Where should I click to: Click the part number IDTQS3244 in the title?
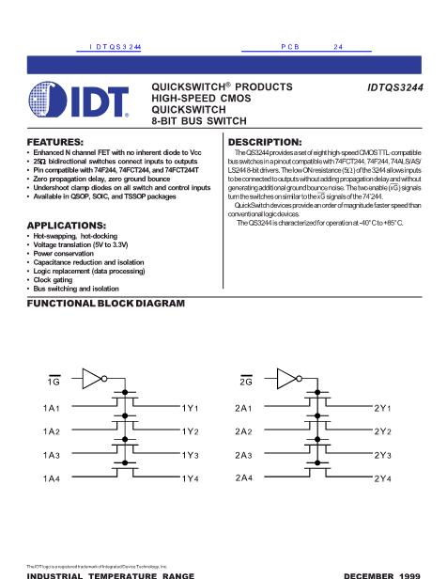pyautogui.click(x=395, y=87)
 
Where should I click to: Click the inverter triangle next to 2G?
pyautogui.click(x=285, y=379)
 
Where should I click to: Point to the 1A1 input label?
pyautogui.click(x=52, y=408)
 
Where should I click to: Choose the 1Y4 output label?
pyautogui.click(x=191, y=479)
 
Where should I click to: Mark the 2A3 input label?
pyautogui.click(x=244, y=456)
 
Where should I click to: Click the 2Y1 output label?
pyautogui.click(x=383, y=408)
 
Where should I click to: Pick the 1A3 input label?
pyautogui.click(x=52, y=456)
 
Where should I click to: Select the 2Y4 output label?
pyautogui.click(x=383, y=479)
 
